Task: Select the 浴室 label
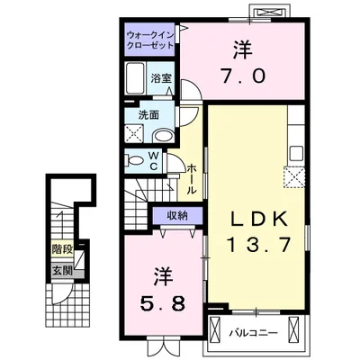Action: pos(162,78)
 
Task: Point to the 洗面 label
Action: pos(149,114)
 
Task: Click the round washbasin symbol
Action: pos(164,135)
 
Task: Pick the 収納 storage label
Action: pos(175,214)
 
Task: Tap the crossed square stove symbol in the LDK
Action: pos(294,176)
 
